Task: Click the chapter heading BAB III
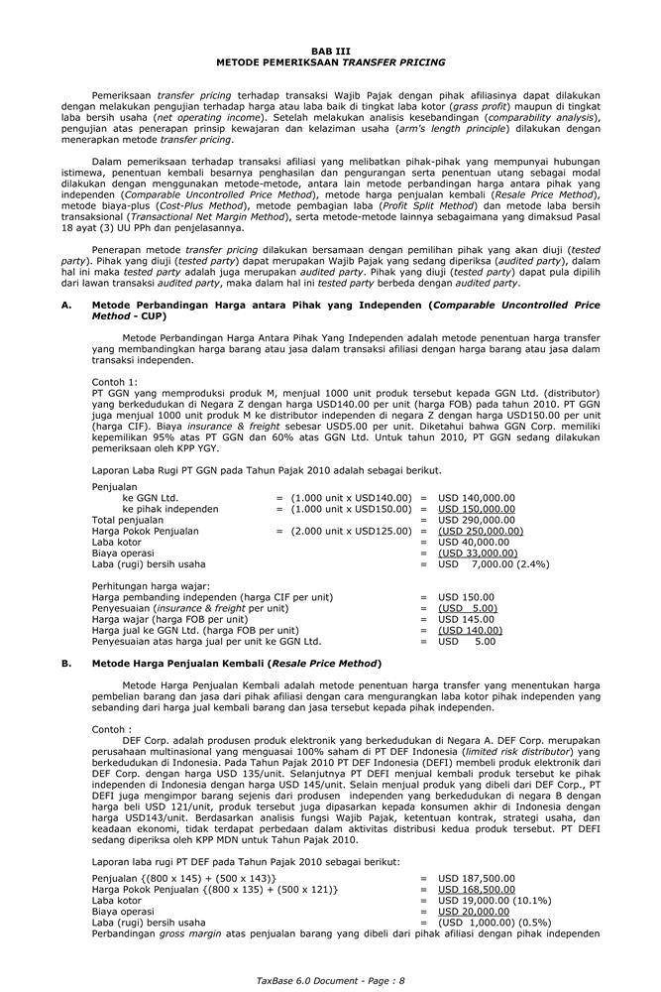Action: [x=330, y=50]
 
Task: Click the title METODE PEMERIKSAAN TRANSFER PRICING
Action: [x=330, y=62]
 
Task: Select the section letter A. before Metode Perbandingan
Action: [x=65, y=306]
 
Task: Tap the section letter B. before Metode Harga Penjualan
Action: [x=65, y=663]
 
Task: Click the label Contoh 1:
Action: [x=115, y=382]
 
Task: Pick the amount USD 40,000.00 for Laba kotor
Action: [x=476, y=542]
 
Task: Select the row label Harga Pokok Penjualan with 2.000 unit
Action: [x=145, y=531]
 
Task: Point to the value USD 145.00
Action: [x=466, y=619]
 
